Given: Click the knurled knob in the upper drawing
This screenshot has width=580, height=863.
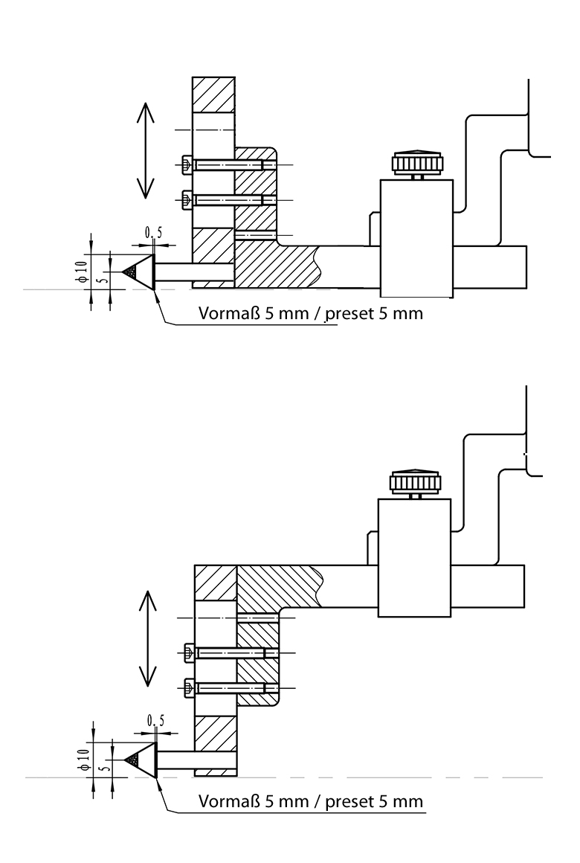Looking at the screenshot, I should pyautogui.click(x=416, y=163).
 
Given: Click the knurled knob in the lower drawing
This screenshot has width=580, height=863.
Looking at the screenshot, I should pyautogui.click(x=413, y=482).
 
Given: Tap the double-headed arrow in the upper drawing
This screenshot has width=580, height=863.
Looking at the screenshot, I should pyautogui.click(x=145, y=150).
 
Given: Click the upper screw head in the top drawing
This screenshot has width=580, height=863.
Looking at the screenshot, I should pyautogui.click(x=187, y=164).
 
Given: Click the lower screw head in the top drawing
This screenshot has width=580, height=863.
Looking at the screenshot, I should pyautogui.click(x=187, y=199).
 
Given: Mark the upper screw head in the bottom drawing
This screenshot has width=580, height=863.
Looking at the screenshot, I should pyautogui.click(x=189, y=653).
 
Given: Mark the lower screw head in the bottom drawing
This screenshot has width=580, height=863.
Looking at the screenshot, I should pyautogui.click(x=189, y=688).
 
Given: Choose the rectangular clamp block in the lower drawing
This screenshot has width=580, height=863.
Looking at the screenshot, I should pyautogui.click(x=413, y=557).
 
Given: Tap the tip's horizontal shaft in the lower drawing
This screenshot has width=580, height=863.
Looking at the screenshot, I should pyautogui.click(x=196, y=760).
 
